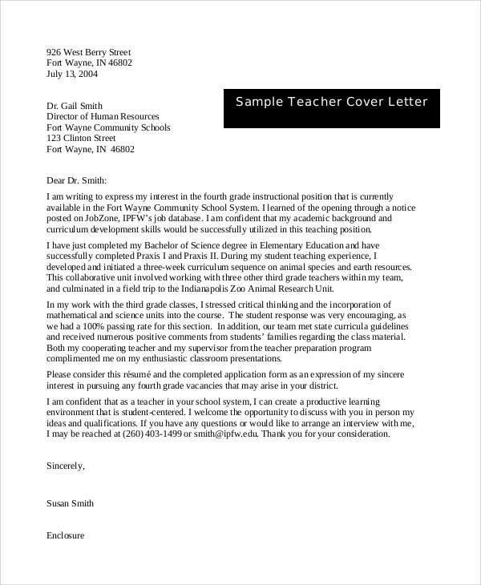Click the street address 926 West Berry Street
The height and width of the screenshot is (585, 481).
coord(88,52)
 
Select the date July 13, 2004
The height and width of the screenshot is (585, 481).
coord(71,75)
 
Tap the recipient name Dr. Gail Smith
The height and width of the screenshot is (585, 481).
coord(75,106)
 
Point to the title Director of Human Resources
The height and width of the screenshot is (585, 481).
coord(103,116)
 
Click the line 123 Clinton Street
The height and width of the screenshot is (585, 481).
coord(82,139)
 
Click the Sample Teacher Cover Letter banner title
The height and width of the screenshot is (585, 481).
coord(331,102)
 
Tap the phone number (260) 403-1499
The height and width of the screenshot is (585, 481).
coord(153,434)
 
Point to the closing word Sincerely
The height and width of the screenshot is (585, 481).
coord(65,465)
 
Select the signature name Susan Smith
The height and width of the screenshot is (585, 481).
coord(71,503)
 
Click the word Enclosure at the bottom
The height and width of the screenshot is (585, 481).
coord(66,535)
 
